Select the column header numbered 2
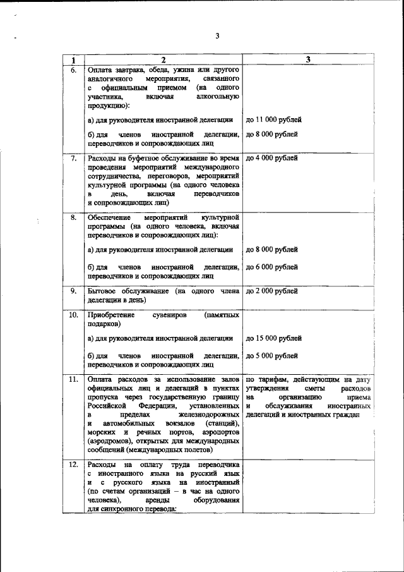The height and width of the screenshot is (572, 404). click(x=163, y=59)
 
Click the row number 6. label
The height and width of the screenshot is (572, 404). click(x=73, y=70)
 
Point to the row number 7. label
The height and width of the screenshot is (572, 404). click(x=73, y=157)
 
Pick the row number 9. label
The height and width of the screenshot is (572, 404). click(x=73, y=291)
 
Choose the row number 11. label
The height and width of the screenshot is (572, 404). click(x=73, y=379)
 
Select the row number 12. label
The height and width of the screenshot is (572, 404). click(x=73, y=465)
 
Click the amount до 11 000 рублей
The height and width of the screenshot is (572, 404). click(x=273, y=119)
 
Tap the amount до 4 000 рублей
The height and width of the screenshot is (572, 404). click(x=271, y=157)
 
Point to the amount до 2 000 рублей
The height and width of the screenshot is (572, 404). click(x=271, y=291)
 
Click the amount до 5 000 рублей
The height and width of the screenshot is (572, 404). click(x=271, y=355)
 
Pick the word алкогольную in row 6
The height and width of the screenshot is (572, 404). click(x=218, y=97)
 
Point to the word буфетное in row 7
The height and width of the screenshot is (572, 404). click(x=145, y=157)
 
